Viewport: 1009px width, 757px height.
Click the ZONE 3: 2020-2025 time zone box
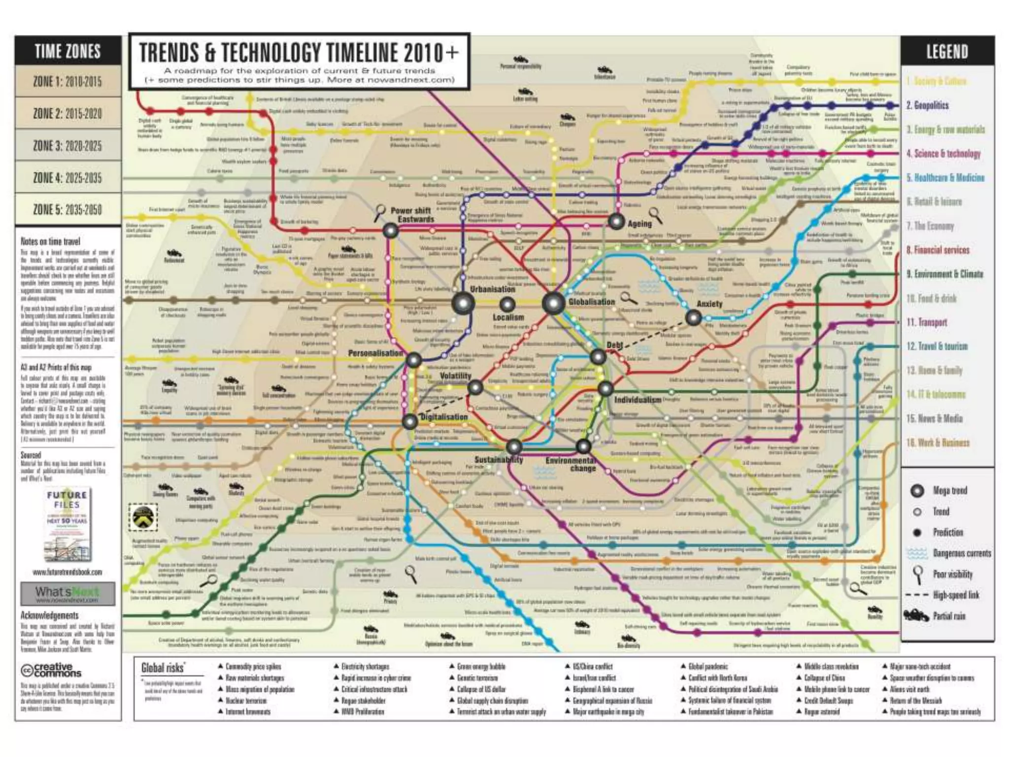click(x=67, y=145)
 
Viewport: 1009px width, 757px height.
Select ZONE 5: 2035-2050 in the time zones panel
click(x=67, y=209)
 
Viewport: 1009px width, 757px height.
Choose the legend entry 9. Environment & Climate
click(x=944, y=274)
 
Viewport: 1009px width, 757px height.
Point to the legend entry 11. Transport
click(x=927, y=322)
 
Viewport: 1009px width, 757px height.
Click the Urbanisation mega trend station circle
click(x=463, y=303)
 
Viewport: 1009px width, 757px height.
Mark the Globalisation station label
click(x=591, y=302)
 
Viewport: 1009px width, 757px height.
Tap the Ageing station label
click(x=639, y=224)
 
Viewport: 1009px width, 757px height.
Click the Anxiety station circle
click(x=693, y=318)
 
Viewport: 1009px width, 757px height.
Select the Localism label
click(x=508, y=317)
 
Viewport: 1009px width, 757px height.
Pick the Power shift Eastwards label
click(x=412, y=215)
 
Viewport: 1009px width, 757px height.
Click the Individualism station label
click(x=638, y=399)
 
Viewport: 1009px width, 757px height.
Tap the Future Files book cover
click(x=67, y=524)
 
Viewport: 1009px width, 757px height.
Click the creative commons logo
click(x=51, y=670)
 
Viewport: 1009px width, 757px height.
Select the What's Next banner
click(x=67, y=593)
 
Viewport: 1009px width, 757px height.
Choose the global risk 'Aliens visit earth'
click(x=909, y=689)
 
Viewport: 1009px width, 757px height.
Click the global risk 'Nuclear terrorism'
click(x=246, y=700)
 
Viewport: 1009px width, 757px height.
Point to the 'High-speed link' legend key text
click(x=956, y=595)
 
